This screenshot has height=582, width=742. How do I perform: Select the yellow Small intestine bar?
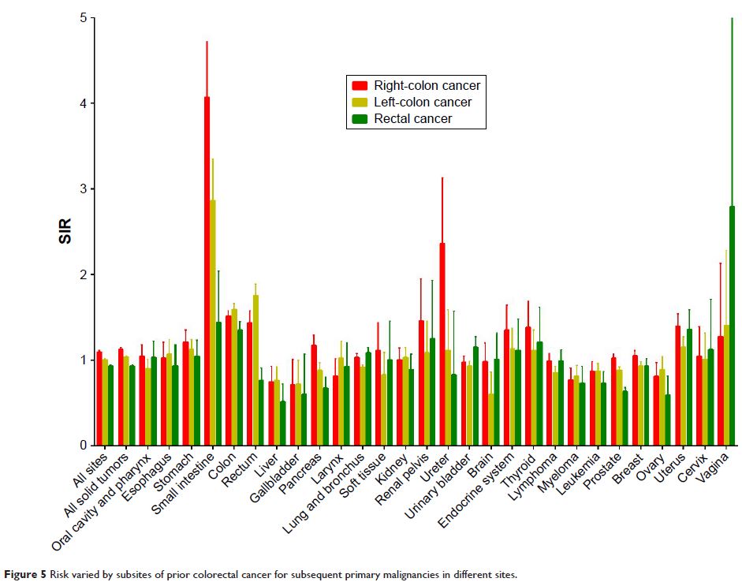pyautogui.click(x=213, y=323)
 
